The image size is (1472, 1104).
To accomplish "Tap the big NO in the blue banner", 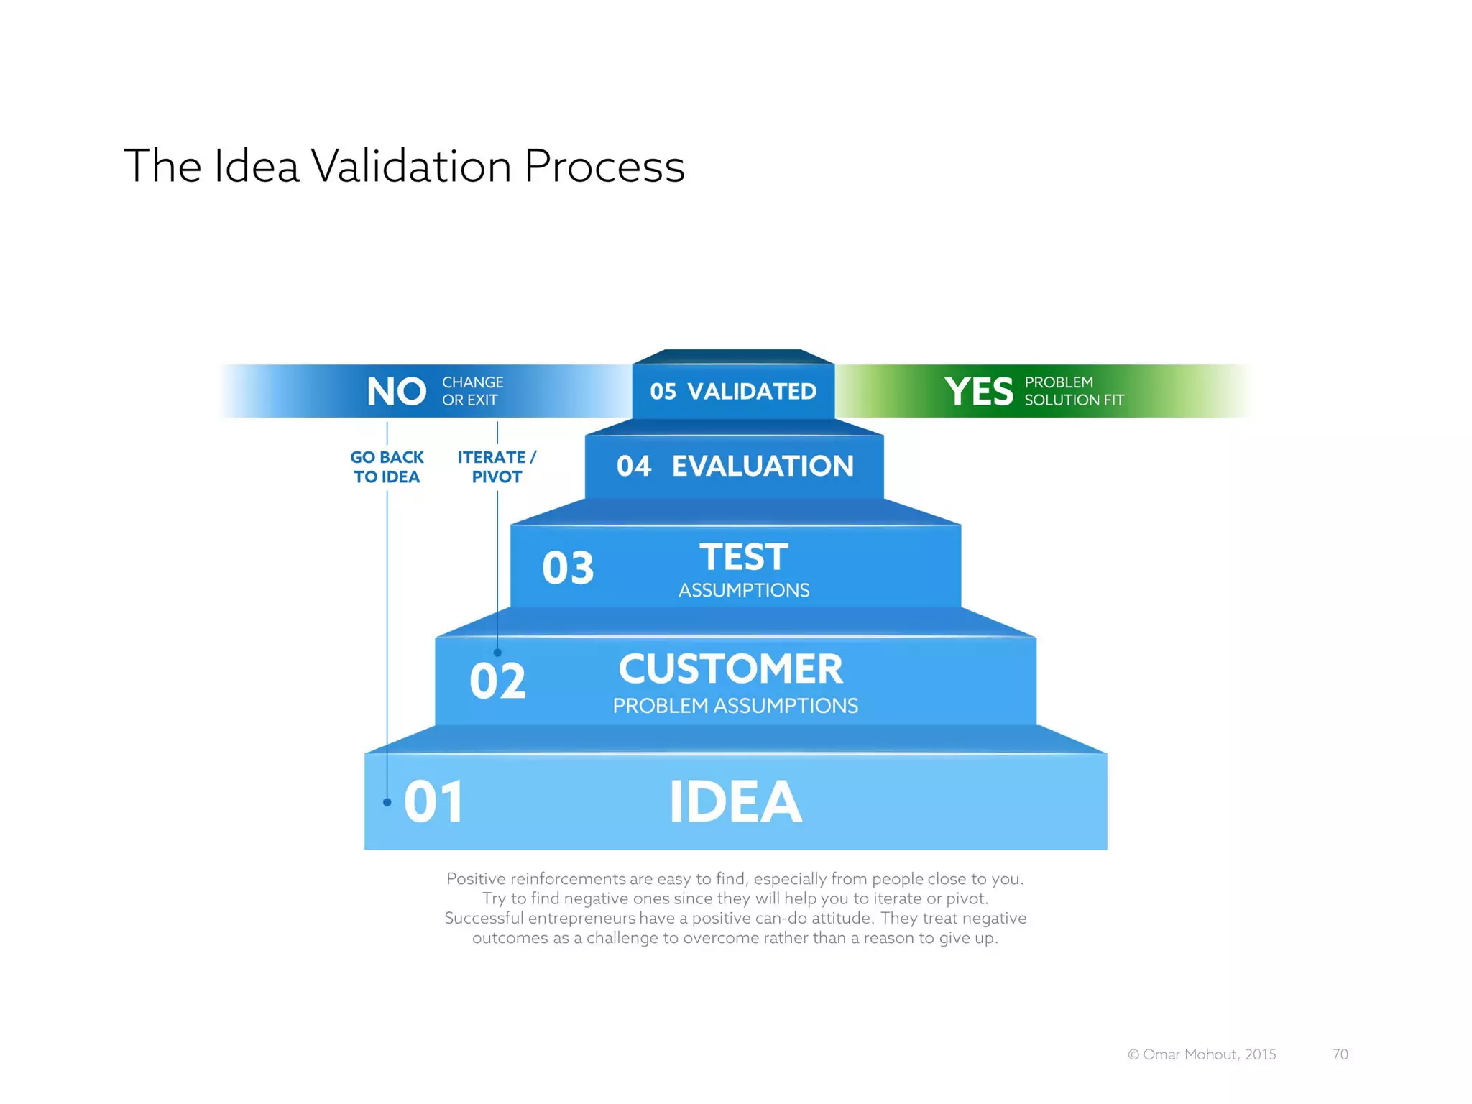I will coord(396,392).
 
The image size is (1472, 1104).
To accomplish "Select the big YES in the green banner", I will coord(978,392).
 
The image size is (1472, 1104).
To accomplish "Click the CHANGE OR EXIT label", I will coord(472,391).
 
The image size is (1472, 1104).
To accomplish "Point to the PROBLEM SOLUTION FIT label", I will coord(1074,391).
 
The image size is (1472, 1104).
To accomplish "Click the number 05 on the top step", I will coord(663,392).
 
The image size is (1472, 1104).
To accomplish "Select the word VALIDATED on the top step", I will coord(752,392).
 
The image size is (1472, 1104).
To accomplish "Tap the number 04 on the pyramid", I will coord(634,466).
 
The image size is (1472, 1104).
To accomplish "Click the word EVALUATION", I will coord(763,466).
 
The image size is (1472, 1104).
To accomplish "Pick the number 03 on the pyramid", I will coord(568,568).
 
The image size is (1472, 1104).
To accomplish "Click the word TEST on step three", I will coord(744,557).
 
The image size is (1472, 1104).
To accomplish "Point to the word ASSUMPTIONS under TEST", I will coord(744,590).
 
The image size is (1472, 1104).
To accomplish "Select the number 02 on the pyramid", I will coord(497,681).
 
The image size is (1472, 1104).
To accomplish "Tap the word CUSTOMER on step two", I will coord(730,669).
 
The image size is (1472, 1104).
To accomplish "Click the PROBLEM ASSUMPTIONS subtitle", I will coord(735,706).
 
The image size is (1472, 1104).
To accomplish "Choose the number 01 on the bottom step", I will coord(433,802).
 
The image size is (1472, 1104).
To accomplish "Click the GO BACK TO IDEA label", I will coord(387,467).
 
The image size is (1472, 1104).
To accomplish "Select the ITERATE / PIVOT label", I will coord(497,467).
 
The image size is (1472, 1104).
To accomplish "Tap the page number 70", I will coord(1340,1054).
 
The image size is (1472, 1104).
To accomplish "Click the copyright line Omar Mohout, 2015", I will coord(1202,1054).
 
